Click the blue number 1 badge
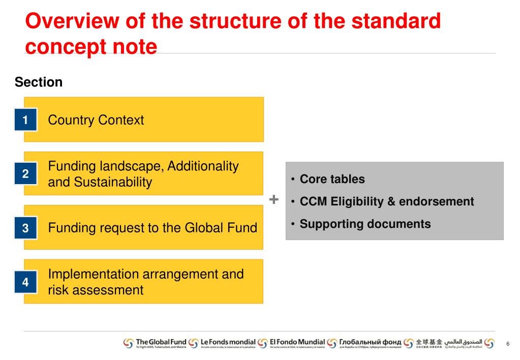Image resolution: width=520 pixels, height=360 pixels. point(25,121)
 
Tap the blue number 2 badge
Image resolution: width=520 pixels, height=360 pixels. point(25,174)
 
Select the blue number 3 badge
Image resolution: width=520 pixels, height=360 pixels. point(25,228)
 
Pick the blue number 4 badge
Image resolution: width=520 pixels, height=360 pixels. point(25,282)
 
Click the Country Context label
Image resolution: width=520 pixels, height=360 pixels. point(96,120)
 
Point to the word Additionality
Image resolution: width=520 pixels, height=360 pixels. point(203,166)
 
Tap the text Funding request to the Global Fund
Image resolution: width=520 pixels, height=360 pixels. point(152,228)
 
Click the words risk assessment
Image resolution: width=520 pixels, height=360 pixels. point(96,290)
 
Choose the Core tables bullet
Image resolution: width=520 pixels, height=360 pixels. point(332,179)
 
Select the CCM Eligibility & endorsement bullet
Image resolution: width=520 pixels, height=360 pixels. point(386,201)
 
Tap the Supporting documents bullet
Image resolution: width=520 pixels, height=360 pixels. point(365,224)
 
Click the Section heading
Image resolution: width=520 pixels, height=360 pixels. point(39,82)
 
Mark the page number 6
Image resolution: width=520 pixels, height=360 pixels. point(507,344)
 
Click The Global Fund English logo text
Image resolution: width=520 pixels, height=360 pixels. point(161,342)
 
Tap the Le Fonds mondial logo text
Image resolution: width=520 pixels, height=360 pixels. point(228,342)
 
